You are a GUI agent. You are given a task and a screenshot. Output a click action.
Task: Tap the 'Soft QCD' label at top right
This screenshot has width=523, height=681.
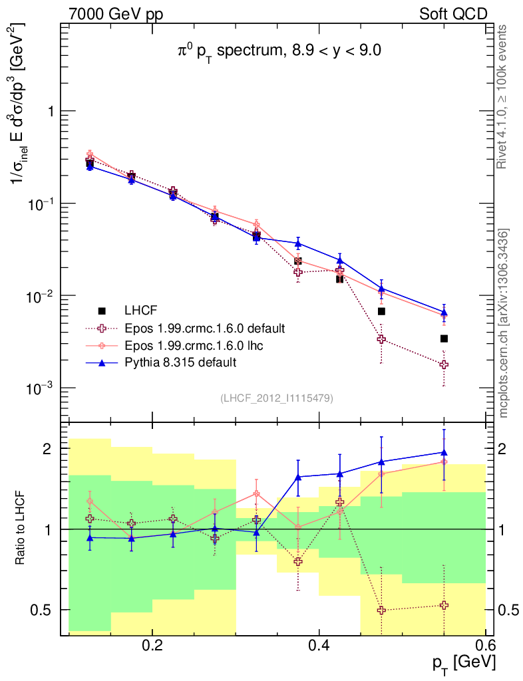point(453,14)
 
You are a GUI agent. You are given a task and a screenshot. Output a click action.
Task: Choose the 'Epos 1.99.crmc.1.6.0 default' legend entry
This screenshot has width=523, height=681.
point(204,328)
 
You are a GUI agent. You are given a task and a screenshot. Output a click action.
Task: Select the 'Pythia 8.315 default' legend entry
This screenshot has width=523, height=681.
point(180,362)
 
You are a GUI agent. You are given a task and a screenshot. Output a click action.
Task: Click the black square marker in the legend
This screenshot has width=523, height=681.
point(102,311)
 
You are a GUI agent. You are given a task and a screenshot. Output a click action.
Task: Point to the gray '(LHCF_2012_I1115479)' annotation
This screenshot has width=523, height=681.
point(277,398)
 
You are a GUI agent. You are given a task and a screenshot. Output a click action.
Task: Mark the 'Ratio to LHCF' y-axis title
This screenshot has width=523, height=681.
point(21,528)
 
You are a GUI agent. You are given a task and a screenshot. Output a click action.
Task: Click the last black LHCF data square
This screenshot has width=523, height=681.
point(444,339)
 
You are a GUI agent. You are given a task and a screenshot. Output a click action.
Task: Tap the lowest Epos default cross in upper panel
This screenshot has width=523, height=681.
point(444,364)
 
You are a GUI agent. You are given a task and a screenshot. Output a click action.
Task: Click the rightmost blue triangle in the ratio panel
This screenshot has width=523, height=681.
point(444,452)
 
